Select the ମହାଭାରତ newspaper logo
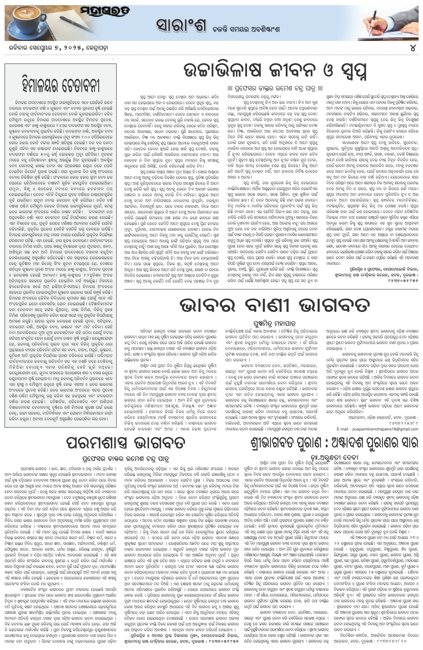point(105,12)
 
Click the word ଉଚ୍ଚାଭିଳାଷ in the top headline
point(223,70)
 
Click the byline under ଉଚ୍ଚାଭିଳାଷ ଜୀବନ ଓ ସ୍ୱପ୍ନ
point(275,88)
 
